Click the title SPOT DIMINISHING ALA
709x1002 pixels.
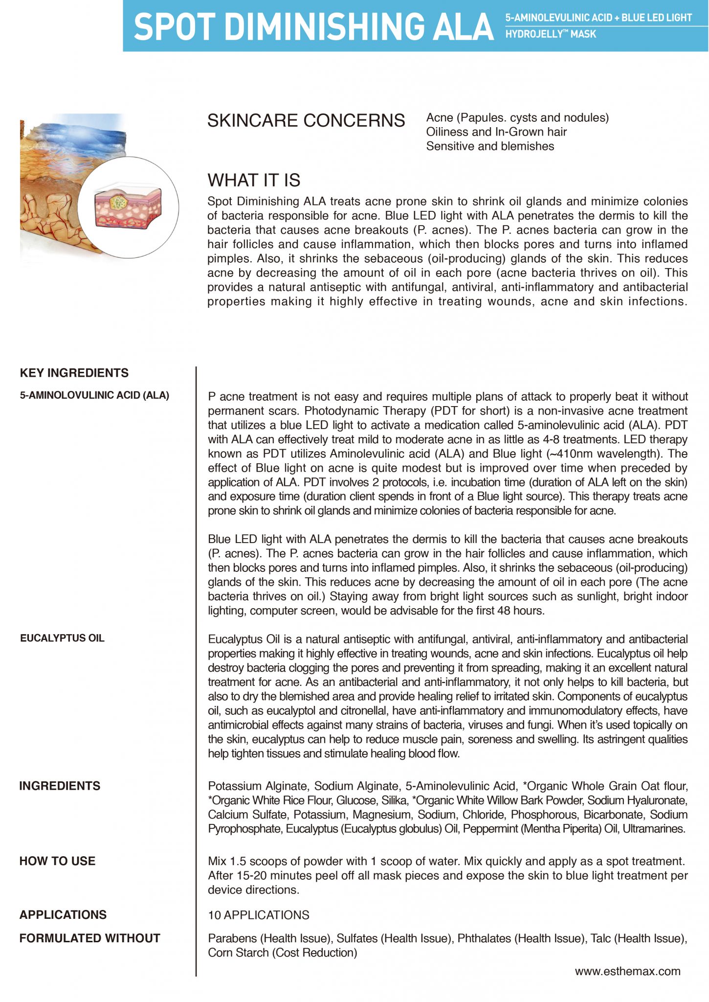tap(313, 26)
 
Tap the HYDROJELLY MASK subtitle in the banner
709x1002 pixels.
tap(551, 34)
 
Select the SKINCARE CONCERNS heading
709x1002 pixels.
tap(306, 120)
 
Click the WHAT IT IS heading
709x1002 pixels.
tap(254, 180)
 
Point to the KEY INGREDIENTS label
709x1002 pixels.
tap(74, 373)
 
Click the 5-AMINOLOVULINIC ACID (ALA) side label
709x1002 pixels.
tap(94, 395)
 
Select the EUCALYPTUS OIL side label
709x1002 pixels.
tap(62, 638)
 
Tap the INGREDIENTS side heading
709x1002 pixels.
tap(60, 786)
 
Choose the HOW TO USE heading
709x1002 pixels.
tap(57, 861)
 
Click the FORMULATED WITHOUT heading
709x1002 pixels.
tap(90, 938)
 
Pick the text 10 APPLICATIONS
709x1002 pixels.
tap(259, 915)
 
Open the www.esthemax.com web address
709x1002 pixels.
tap(627, 971)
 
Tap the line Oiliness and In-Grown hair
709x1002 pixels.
tap(496, 132)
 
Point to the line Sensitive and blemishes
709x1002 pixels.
tap(490, 146)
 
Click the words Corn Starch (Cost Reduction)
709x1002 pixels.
tap(283, 953)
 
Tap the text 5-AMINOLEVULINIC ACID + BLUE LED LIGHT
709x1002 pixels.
tap(598, 18)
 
